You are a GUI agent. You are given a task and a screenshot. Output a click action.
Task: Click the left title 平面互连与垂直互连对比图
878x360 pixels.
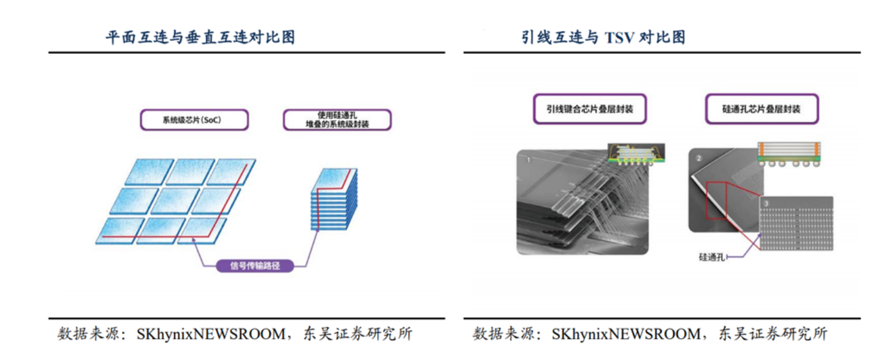[x=200, y=37]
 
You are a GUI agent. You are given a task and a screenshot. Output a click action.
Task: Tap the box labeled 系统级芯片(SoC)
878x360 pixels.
[x=194, y=120]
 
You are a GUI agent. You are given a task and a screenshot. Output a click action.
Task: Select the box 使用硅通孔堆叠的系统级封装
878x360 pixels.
[x=337, y=120]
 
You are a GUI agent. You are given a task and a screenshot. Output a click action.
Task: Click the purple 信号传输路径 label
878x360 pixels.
[x=254, y=266]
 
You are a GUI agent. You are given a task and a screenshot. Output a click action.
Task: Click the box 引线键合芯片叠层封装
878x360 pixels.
[x=590, y=110]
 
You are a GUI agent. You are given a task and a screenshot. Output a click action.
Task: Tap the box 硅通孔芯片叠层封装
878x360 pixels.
[x=761, y=110]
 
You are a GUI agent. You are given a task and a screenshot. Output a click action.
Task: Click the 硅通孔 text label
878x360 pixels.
[x=712, y=258]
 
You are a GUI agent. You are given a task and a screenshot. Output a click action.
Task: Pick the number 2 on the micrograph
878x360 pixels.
[x=698, y=158]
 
